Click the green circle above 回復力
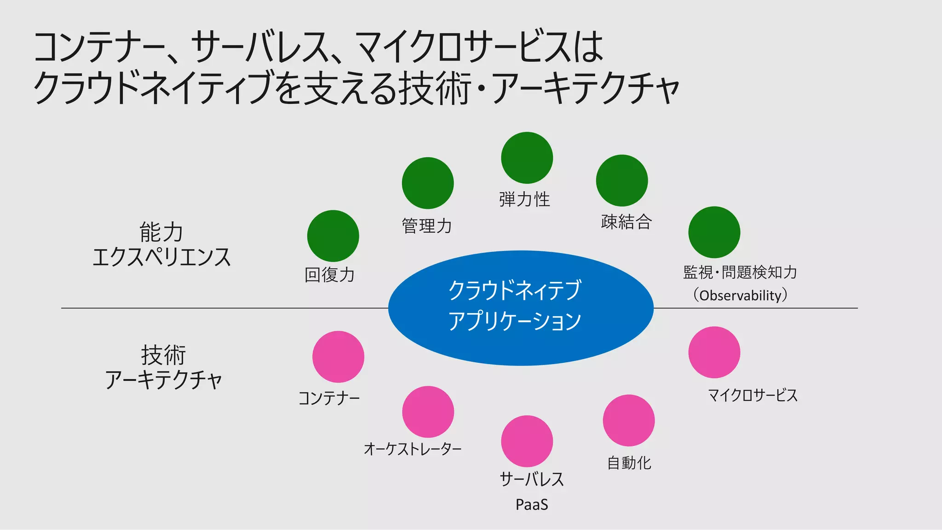tap(333, 236)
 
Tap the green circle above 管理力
tap(428, 183)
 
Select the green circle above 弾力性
tap(527, 158)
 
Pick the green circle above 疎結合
tap(622, 181)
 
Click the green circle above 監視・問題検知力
tap(714, 232)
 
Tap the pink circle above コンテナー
tap(338, 357)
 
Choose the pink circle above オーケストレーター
tap(428, 412)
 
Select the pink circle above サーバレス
tap(527, 441)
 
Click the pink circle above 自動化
tap(629, 420)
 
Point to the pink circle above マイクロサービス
tap(714, 353)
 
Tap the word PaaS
tap(532, 505)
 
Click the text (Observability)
tap(740, 295)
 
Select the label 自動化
tap(629, 463)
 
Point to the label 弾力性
tap(524, 199)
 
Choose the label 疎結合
tap(626, 222)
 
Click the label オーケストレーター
tap(413, 449)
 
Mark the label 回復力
tap(330, 275)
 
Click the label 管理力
tap(427, 226)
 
